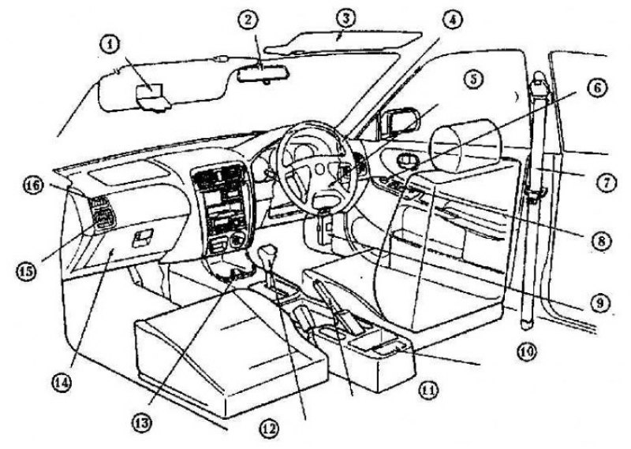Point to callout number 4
tap(450, 18)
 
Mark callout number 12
tap(270, 429)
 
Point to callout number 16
tap(32, 186)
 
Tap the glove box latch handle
tap(145, 235)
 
